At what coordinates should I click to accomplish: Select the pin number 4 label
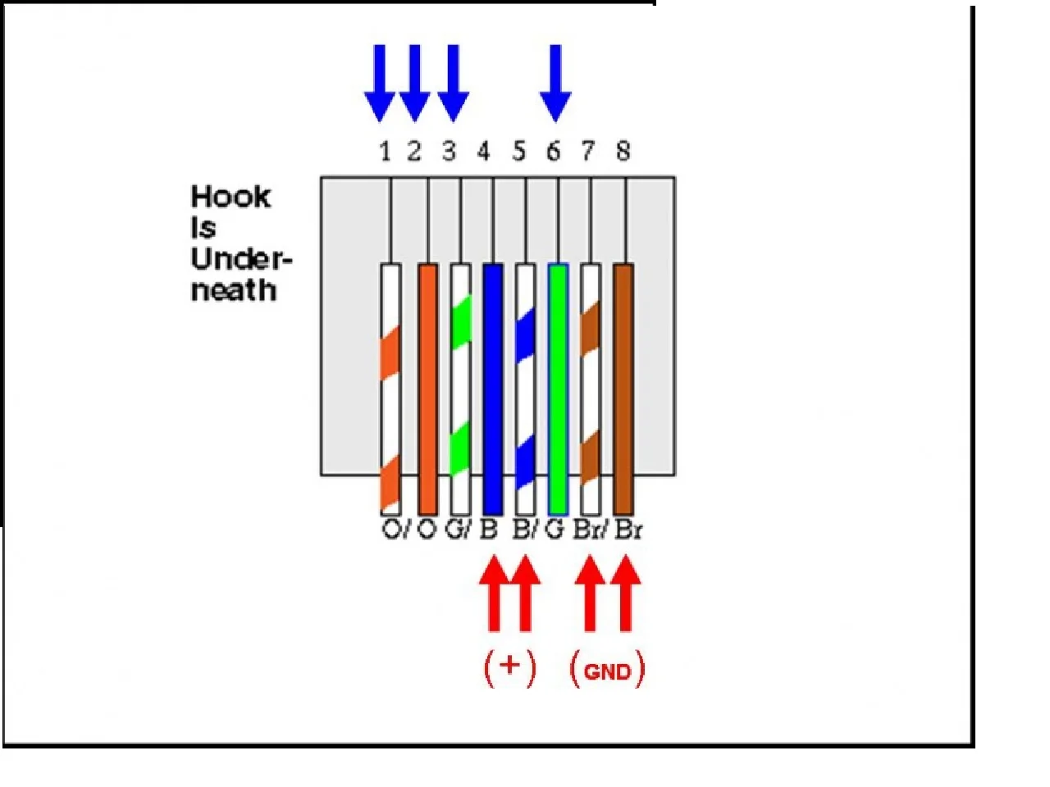tap(483, 151)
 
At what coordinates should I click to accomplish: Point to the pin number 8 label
tap(623, 151)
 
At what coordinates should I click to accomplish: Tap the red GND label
tap(607, 671)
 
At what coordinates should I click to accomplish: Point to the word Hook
tap(231, 197)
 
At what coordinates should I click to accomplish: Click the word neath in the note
tap(233, 290)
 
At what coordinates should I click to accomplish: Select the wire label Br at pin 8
tap(628, 530)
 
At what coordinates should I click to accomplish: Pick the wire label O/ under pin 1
tap(395, 530)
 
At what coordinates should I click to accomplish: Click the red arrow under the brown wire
tap(625, 594)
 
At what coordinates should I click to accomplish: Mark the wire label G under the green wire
tap(555, 530)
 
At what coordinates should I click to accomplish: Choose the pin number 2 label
tap(414, 151)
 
